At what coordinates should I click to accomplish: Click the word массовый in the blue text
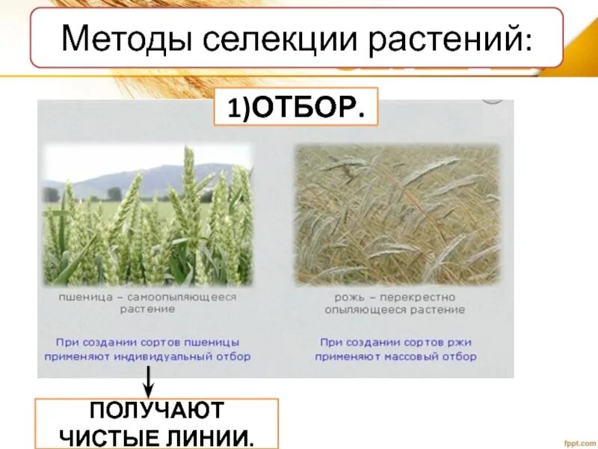point(410,357)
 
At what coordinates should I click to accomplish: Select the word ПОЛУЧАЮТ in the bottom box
point(156,411)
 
